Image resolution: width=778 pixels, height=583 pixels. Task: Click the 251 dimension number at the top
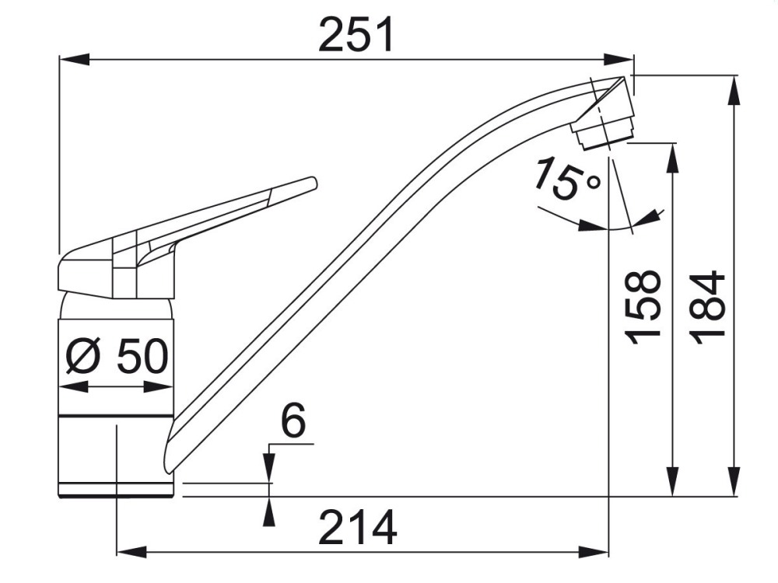[356, 34]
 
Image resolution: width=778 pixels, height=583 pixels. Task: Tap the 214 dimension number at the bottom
[357, 527]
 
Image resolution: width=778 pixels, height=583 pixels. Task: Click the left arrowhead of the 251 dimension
[75, 58]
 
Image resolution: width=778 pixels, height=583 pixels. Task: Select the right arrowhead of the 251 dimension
[619, 58]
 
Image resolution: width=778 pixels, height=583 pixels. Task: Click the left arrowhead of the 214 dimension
[131, 551]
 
